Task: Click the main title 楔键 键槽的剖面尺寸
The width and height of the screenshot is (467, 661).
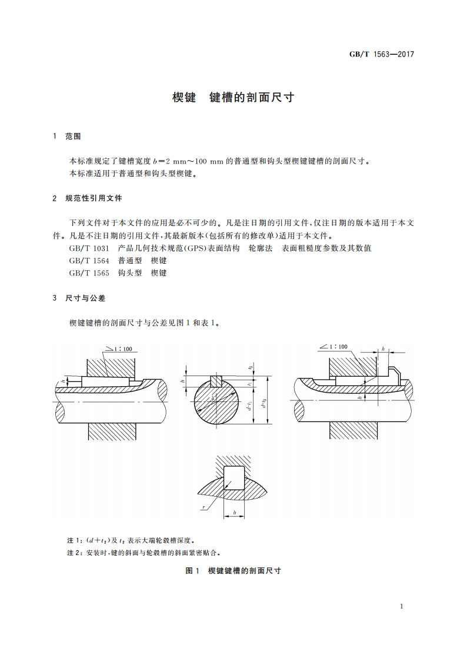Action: [233, 97]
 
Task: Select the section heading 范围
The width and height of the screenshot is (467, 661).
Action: [73, 137]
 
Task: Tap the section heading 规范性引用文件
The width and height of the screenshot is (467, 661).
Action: [94, 199]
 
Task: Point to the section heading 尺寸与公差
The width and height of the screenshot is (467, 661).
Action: [85, 298]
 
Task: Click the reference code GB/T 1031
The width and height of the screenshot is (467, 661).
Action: [89, 248]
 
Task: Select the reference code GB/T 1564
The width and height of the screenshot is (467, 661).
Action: [89, 261]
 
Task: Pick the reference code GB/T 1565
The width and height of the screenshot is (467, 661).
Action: [89, 273]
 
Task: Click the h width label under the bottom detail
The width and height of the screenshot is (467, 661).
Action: [233, 514]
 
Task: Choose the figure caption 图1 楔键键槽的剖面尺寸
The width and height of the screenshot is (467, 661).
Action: [233, 571]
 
